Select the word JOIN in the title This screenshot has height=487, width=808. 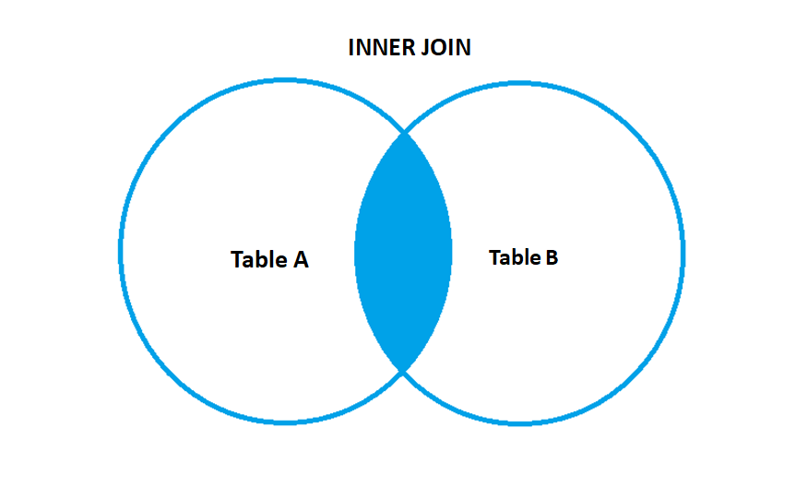pyautogui.click(x=446, y=48)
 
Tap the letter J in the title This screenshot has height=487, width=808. pyautogui.click(x=425, y=48)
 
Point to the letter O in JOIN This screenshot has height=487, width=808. pyautogui.click(x=437, y=48)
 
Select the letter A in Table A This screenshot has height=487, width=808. pyautogui.click(x=301, y=260)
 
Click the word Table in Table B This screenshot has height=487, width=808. pyautogui.click(x=514, y=257)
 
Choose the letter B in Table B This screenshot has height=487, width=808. pyautogui.click(x=551, y=257)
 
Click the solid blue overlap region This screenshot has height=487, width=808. pyautogui.click(x=403, y=252)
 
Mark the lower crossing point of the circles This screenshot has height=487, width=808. pyautogui.click(x=403, y=370)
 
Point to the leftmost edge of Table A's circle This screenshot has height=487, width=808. pyautogui.click(x=121, y=252)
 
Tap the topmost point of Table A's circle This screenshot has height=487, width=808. pyautogui.click(x=284, y=81)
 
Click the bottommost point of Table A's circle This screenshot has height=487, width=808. pyautogui.click(x=284, y=422)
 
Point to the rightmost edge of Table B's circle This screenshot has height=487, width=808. pyautogui.click(x=683, y=252)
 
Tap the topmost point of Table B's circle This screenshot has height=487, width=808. pyautogui.click(x=521, y=81)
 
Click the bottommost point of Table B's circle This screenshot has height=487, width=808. pyautogui.click(x=521, y=422)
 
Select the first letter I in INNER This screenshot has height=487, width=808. pyautogui.click(x=351, y=48)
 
